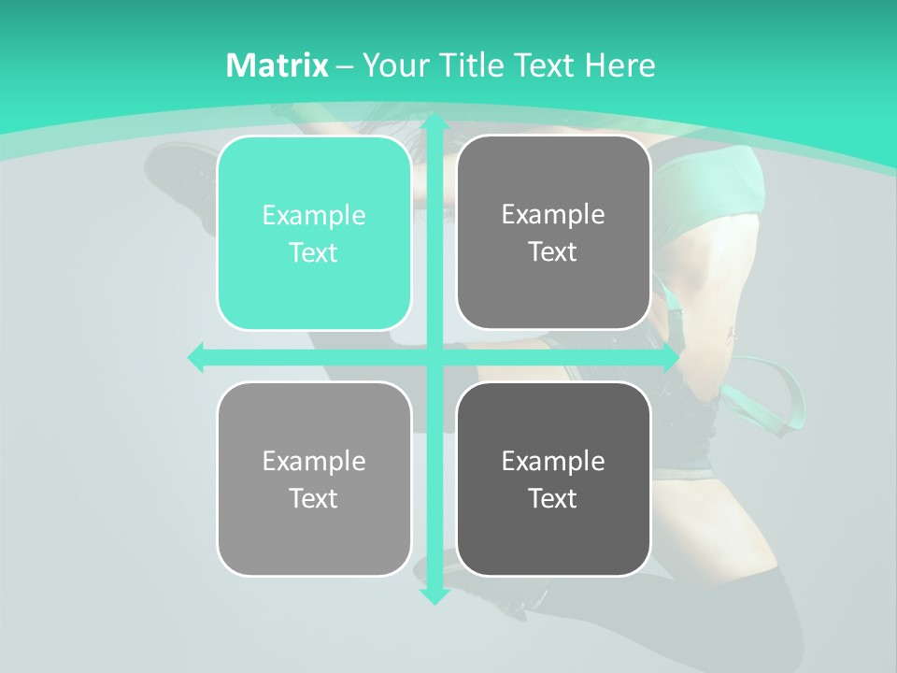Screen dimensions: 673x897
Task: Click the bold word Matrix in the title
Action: pos(278,65)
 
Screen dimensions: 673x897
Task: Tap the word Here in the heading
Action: pos(619,65)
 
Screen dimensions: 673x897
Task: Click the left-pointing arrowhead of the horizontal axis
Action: pos(196,357)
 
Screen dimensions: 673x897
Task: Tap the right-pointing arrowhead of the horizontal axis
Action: pos(669,357)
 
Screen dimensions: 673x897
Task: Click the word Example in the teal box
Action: pos(314,215)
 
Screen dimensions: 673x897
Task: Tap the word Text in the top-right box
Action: pos(553,252)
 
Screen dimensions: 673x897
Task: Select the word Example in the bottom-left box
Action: pos(314,461)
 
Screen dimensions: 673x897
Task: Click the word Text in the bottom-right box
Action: pos(553,498)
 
